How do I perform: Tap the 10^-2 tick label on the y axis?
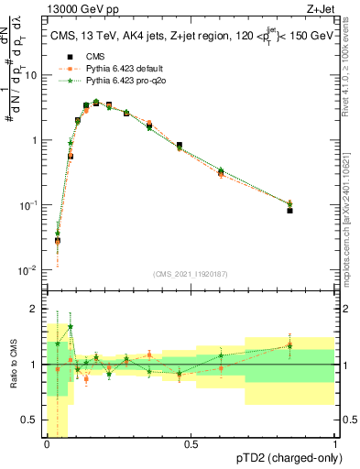tap(27, 270)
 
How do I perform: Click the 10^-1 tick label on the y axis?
tap(27, 205)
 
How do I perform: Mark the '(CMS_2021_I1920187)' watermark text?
tap(191, 273)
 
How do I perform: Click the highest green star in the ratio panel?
tap(71, 327)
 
